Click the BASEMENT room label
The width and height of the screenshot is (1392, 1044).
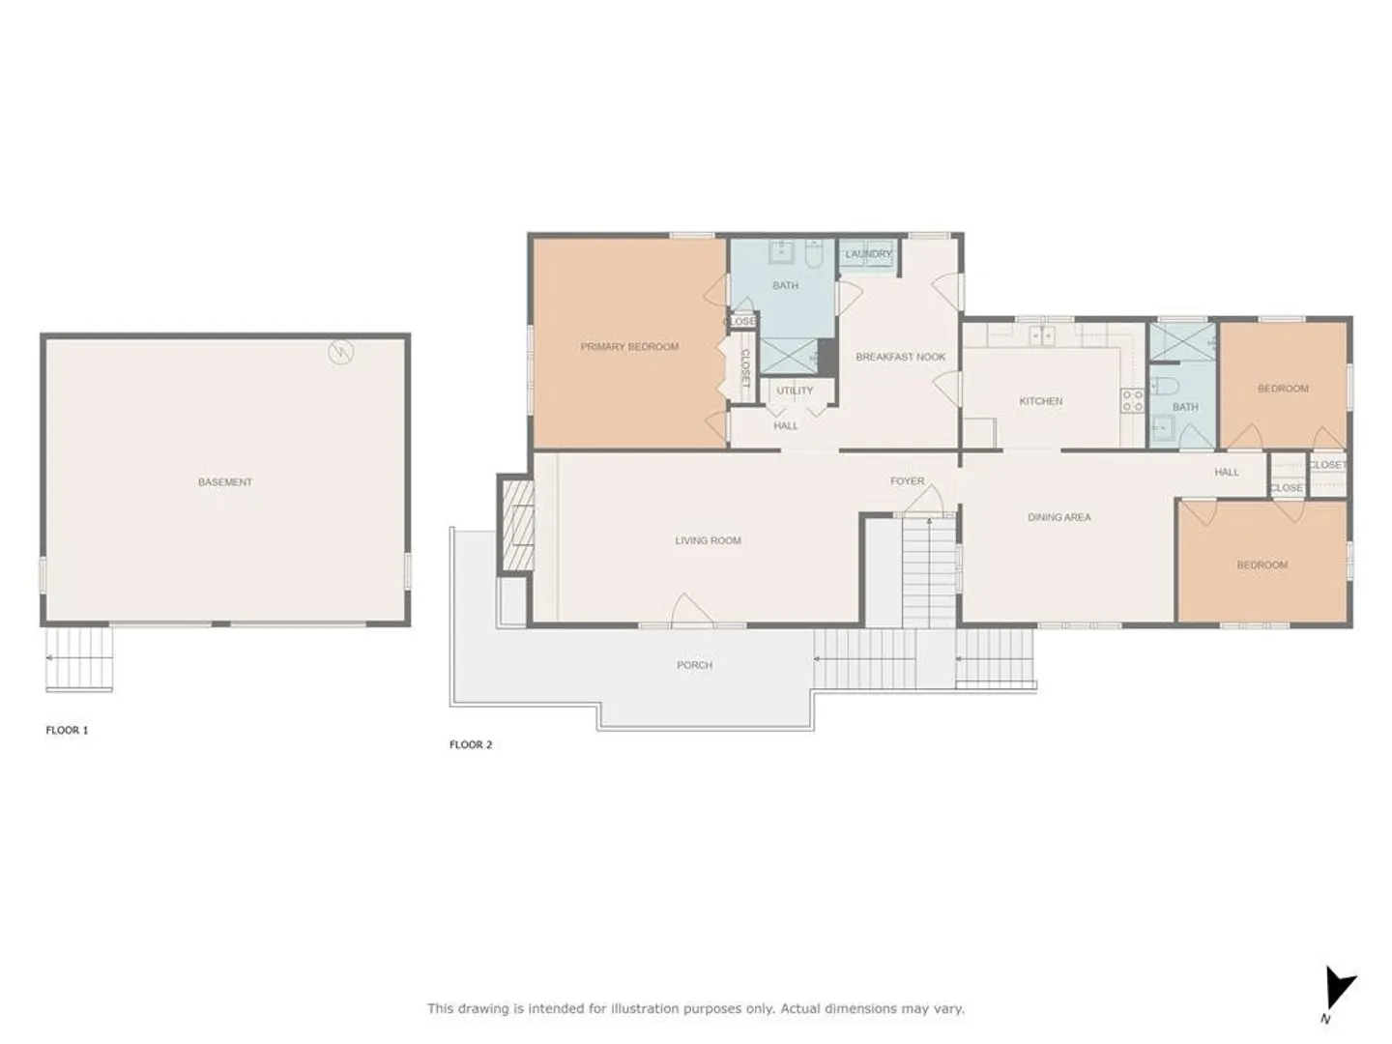point(224,482)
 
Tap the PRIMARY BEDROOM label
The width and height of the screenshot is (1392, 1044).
point(629,347)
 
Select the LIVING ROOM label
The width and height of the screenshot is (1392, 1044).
point(708,540)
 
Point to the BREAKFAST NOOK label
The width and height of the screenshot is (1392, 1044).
point(901,357)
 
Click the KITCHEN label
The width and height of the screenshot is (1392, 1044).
point(1041,401)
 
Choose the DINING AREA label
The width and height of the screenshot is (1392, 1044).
point(1059,517)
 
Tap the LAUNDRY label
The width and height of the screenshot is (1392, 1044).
point(868,254)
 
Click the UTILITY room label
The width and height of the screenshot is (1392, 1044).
point(795,391)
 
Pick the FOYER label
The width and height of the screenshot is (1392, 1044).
point(907,481)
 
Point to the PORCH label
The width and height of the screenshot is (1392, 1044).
point(694,665)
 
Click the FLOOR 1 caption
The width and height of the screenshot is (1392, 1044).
point(67,730)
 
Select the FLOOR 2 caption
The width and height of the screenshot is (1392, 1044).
point(471,744)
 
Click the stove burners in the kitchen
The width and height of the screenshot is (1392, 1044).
point(1132,400)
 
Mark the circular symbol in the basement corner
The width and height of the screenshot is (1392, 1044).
point(341,352)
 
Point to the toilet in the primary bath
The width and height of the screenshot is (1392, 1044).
point(814,254)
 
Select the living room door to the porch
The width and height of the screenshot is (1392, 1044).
point(691,609)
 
